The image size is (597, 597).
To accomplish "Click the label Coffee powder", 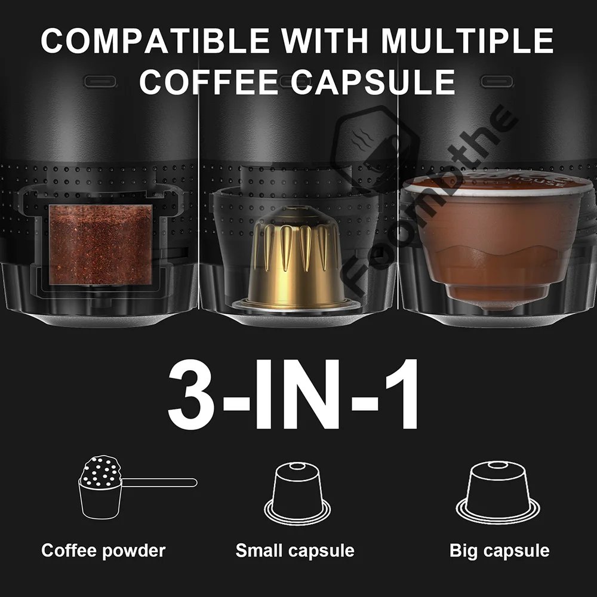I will tap(103, 550).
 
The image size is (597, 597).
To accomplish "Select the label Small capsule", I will tap(295, 550).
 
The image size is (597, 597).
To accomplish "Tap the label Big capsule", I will tap(499, 550).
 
